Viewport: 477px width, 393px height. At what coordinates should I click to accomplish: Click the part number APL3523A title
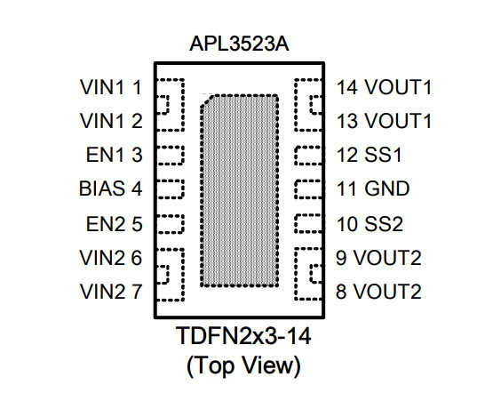[x=239, y=44]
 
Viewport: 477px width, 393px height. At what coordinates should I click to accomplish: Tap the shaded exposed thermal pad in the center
[x=240, y=191]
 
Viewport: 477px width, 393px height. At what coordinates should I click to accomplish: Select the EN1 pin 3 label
[x=114, y=155]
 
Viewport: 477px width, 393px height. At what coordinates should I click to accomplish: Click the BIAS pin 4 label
[x=110, y=188]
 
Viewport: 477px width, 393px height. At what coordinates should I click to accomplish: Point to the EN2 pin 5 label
[x=114, y=224]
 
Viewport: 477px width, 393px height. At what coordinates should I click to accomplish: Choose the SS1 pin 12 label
[x=370, y=155]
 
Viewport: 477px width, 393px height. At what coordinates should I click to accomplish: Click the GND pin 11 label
[x=373, y=188]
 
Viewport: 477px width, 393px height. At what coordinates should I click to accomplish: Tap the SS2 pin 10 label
[x=370, y=224]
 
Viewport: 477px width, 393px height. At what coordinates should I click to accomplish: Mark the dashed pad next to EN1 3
[x=170, y=156]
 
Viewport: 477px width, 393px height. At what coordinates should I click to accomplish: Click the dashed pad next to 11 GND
[x=308, y=189]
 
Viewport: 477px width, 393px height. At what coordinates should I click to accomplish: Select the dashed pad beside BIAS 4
[x=170, y=189]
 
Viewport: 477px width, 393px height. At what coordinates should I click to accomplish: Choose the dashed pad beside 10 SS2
[x=308, y=224]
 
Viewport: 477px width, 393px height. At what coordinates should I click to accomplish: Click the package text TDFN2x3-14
[x=243, y=336]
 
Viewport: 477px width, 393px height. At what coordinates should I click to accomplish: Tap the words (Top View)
[x=243, y=365]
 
